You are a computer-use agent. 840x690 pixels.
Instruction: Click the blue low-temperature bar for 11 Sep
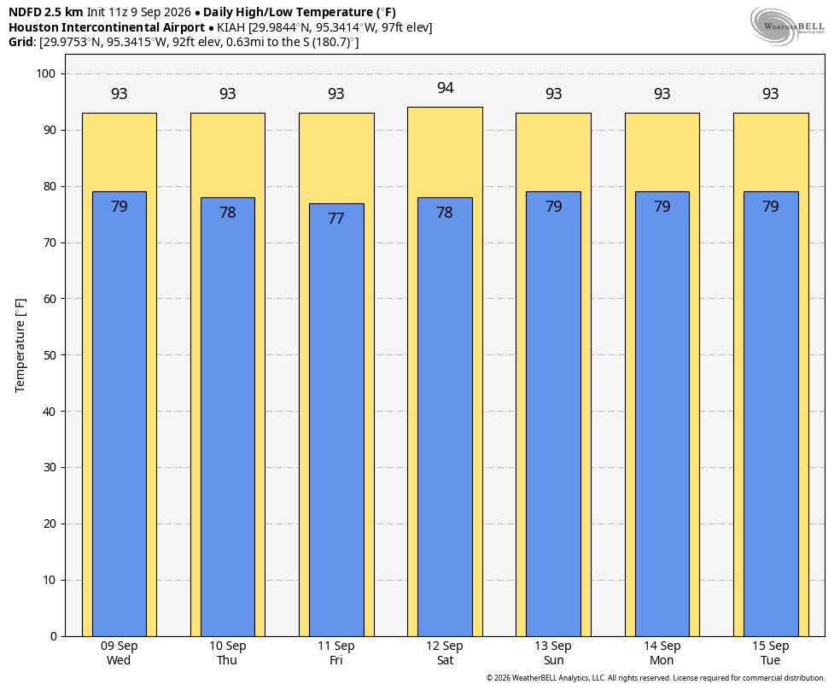(336, 420)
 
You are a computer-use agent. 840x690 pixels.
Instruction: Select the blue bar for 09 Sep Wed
(120, 414)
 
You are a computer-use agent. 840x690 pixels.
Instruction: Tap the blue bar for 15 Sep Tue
(771, 414)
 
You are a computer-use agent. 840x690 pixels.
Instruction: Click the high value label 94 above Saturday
(445, 88)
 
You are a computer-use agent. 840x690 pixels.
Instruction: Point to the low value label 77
(335, 219)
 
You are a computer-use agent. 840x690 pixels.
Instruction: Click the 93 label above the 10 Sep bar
(228, 94)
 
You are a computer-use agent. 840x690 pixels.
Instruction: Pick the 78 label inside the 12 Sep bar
(445, 213)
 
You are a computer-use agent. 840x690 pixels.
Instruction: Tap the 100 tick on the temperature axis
(46, 74)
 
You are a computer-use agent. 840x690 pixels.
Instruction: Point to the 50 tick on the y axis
(50, 355)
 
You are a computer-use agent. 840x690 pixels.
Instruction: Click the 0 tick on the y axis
(54, 636)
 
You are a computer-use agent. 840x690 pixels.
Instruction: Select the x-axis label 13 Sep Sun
(553, 653)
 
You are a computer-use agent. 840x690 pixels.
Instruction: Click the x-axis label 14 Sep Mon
(662, 653)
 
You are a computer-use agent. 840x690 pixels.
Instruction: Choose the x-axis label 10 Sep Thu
(227, 653)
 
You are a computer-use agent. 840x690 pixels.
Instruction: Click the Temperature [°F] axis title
(20, 346)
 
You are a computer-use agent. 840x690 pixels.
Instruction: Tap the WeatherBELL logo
(787, 26)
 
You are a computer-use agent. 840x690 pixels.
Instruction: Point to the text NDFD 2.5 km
(46, 12)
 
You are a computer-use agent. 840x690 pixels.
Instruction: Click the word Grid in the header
(22, 42)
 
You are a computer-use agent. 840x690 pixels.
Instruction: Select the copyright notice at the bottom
(656, 678)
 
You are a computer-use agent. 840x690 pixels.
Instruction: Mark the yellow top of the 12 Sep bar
(445, 152)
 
